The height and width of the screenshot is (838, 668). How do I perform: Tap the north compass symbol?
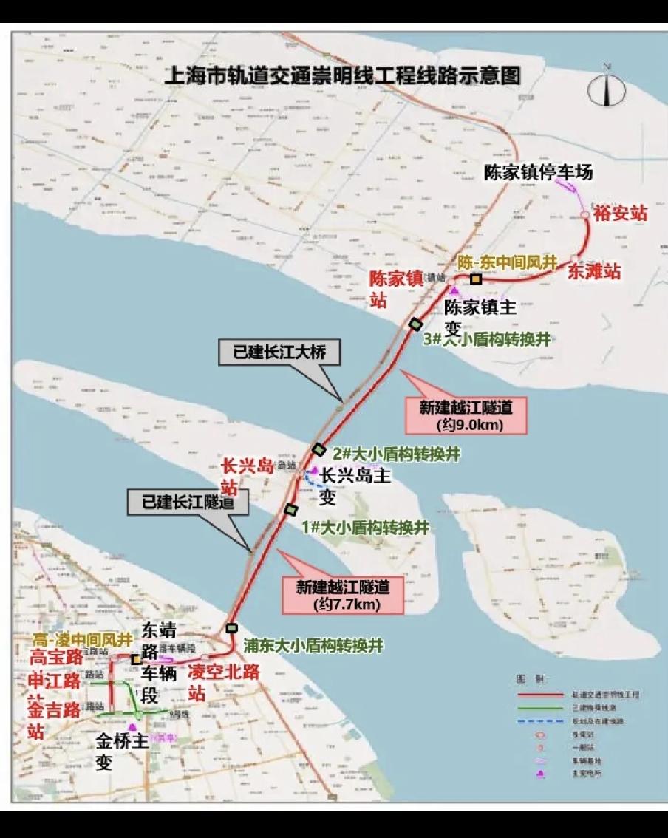[x=606, y=89]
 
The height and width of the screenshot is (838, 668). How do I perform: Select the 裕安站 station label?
[x=620, y=213]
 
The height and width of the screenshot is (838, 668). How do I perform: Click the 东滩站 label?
[x=593, y=271]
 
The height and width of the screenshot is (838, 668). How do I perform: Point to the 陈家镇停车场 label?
[x=539, y=172]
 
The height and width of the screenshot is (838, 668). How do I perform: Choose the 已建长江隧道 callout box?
[x=185, y=503]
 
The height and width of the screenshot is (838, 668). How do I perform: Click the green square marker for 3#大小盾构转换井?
[x=415, y=324]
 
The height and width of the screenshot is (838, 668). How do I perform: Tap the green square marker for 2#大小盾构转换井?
[x=318, y=449]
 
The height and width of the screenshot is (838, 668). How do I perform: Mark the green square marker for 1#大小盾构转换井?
[x=291, y=509]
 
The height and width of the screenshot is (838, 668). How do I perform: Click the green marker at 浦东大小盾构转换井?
[x=232, y=628]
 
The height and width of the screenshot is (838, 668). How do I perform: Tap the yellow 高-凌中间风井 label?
[x=82, y=638]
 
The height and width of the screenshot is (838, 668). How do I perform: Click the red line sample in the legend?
[x=541, y=695]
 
